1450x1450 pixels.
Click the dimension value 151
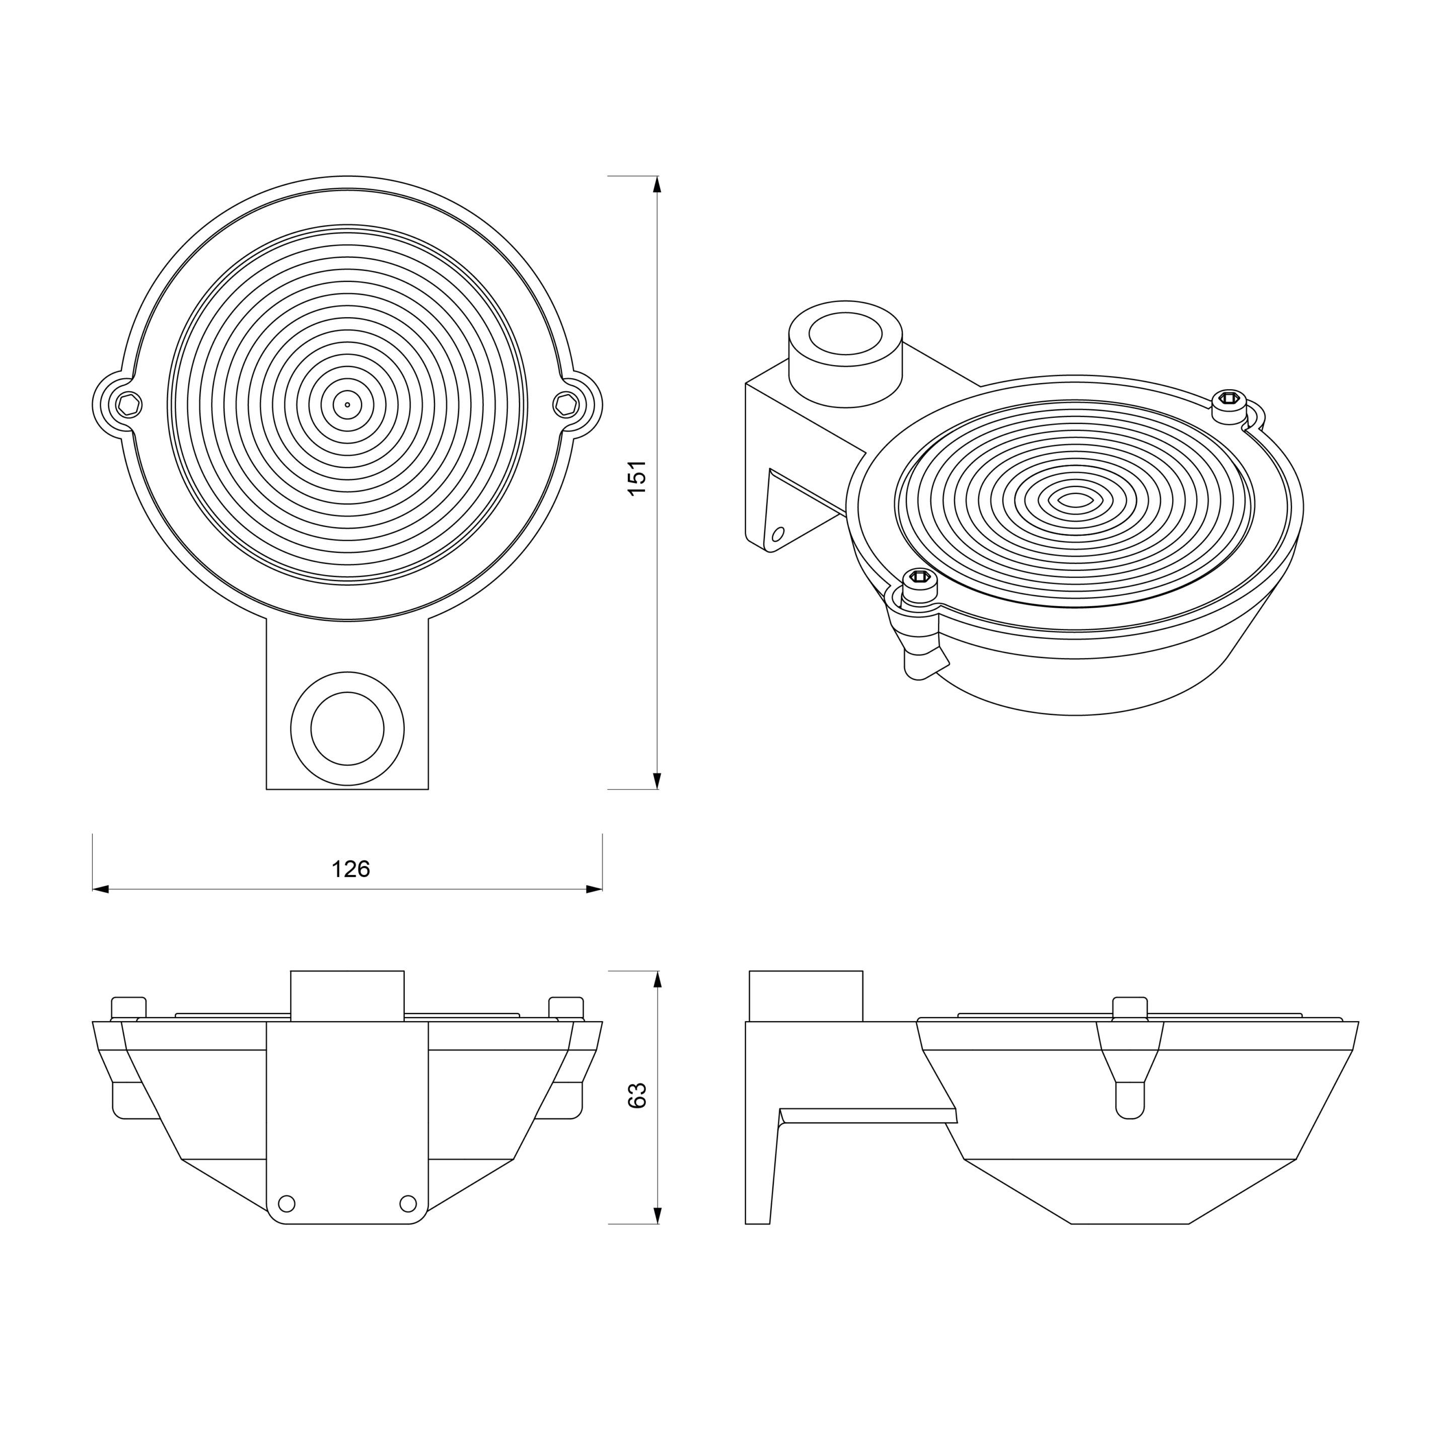[x=637, y=477]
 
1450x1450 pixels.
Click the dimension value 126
[x=350, y=869]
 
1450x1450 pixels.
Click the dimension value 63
[x=637, y=1096]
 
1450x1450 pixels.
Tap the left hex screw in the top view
[x=129, y=404]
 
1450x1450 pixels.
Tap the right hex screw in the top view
[x=566, y=404]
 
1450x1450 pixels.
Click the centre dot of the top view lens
[x=347, y=404]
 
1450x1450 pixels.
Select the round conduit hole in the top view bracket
[x=347, y=729]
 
